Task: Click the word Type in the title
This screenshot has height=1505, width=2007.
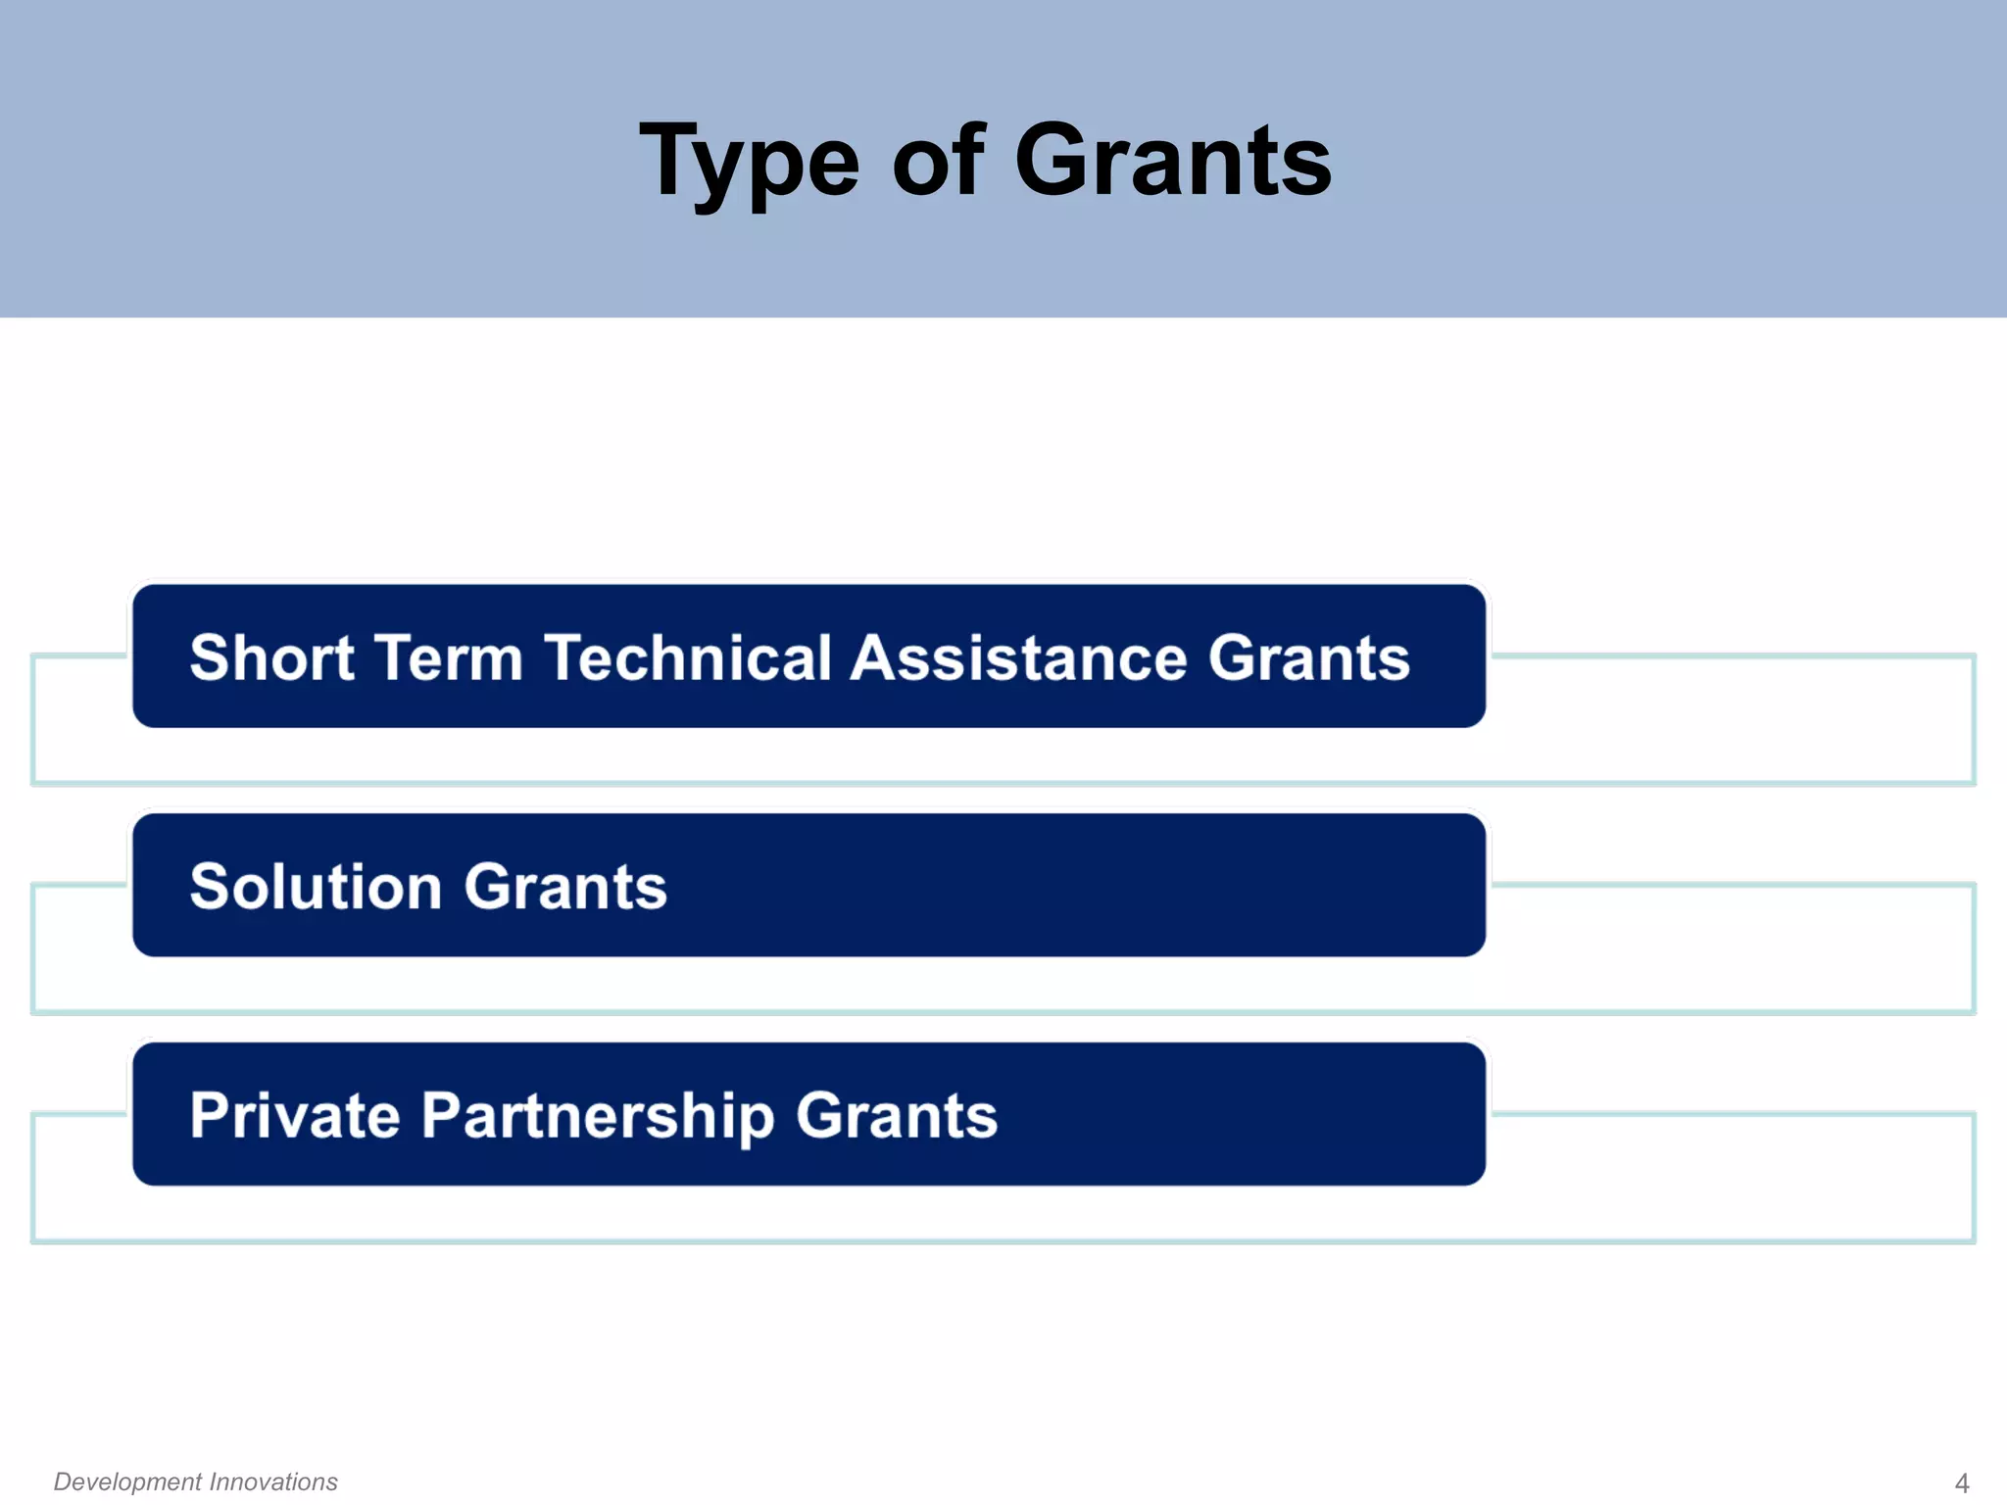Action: pos(749,162)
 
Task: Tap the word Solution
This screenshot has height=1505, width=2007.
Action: pos(316,886)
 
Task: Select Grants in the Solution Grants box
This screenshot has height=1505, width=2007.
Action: pos(565,886)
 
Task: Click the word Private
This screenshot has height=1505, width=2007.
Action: pos(295,1115)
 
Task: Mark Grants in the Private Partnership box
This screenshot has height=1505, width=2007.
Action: pos(897,1115)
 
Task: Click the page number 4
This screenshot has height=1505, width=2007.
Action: pos(1961,1482)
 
